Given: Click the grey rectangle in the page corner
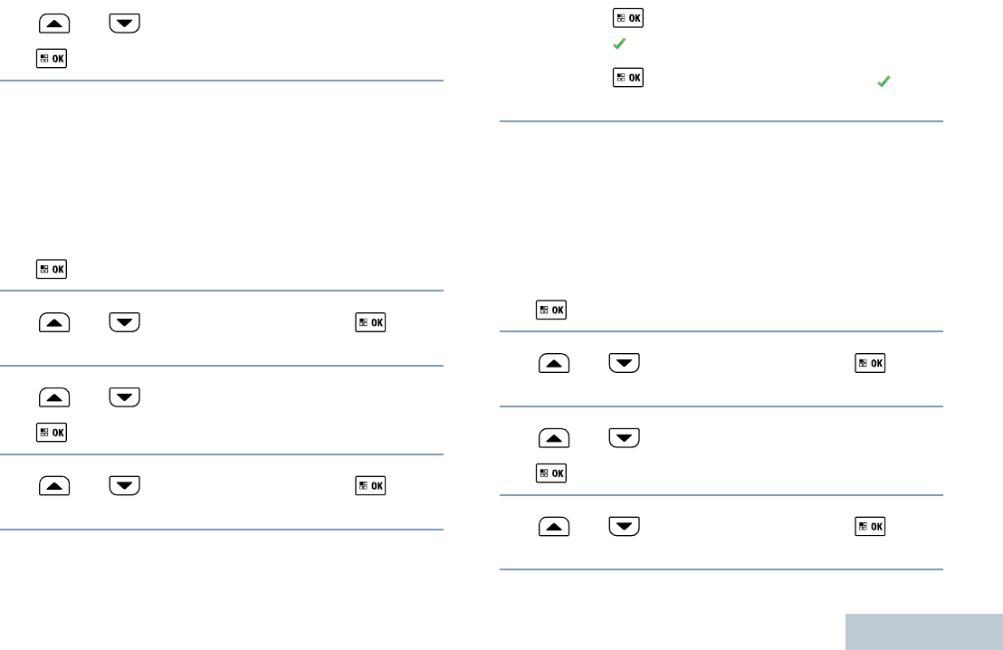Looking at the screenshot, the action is [924, 632].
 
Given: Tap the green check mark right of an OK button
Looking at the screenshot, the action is [884, 81].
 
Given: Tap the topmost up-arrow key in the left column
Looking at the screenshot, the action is [54, 22].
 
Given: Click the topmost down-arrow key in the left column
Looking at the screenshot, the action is [125, 22].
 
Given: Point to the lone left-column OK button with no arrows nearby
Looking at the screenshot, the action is [53, 269].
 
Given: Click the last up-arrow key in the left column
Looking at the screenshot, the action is [54, 486].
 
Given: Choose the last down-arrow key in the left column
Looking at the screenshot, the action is [125, 486].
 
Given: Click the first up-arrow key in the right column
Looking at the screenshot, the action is [554, 363].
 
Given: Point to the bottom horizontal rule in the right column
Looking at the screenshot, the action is [721, 569].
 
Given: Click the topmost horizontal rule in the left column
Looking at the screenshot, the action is [222, 81].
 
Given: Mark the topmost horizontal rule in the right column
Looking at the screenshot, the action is [721, 121].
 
